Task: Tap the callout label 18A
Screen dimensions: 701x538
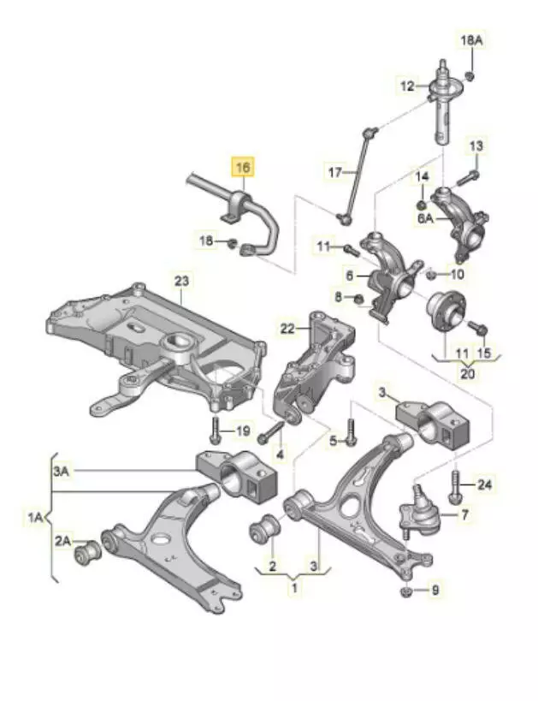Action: pos(471,40)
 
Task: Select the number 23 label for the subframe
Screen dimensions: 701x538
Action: pos(183,280)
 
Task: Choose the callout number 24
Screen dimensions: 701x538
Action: pos(486,485)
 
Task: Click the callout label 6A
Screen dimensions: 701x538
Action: pos(424,218)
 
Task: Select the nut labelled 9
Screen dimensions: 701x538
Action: pos(406,591)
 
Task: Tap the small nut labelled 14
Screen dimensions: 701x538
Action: pos(421,205)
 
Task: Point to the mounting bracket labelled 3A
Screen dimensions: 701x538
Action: pos(239,476)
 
